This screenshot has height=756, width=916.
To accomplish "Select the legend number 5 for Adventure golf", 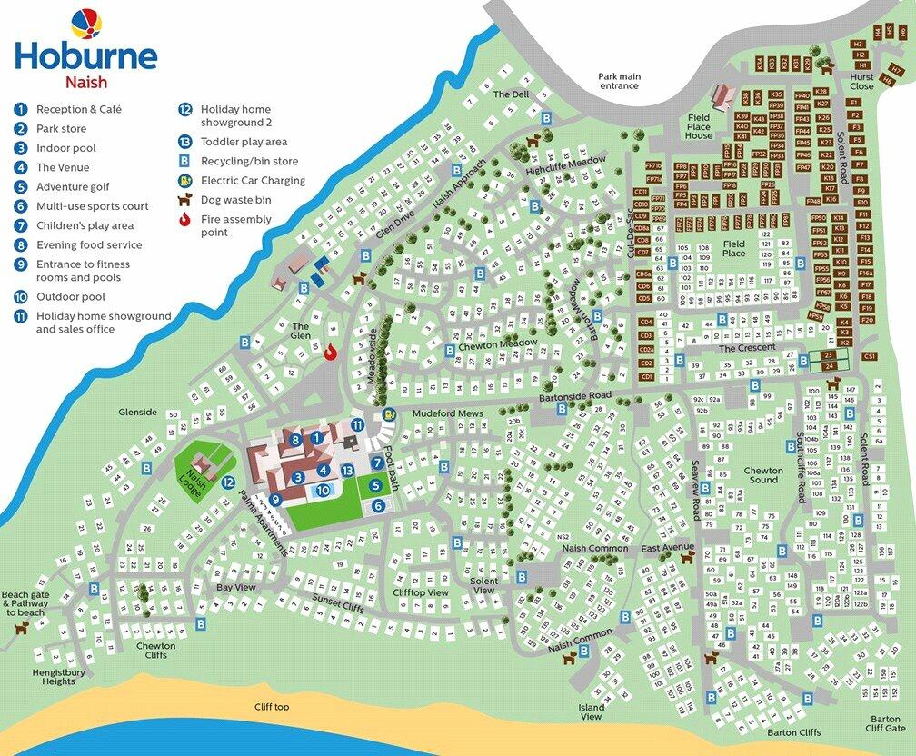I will tap(20, 187).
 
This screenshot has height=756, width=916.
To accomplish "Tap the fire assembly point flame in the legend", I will tap(185, 219).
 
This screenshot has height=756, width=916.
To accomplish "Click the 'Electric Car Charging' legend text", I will tap(253, 181).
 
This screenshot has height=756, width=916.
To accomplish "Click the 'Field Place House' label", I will tap(699, 126).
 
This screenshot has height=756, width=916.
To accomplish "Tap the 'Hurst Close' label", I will tap(861, 83).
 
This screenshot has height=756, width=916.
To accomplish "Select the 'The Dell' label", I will tap(511, 94).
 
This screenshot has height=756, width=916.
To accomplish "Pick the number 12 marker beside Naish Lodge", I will tap(228, 482).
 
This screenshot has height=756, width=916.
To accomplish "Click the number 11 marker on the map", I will tap(358, 424).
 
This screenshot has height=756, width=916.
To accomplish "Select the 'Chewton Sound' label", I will tap(763, 474).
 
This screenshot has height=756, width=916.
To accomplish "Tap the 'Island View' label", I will tap(591, 711).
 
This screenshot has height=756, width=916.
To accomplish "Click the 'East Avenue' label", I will tap(666, 548).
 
